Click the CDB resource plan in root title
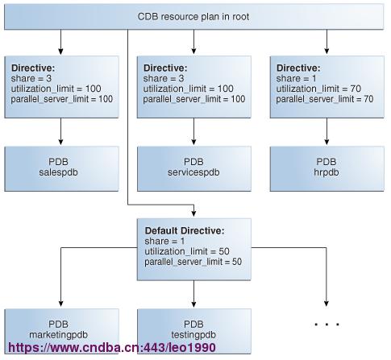pos(193,17)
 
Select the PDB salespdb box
pos(61,168)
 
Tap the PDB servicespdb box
pos(194,168)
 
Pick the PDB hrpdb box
pos(327,168)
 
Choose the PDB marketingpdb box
pos(61,331)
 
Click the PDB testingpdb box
pos(194,331)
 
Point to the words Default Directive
pos(185,230)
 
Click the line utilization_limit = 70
pos(318,89)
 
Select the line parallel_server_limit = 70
pos(325,99)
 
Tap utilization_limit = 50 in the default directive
pos(187,251)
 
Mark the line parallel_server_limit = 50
pos(193,262)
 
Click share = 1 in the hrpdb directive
pos(296,78)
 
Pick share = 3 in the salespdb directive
pos(31,78)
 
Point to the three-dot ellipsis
pos(327,325)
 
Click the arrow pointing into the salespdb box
pos(60,131)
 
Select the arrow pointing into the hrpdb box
pos(327,131)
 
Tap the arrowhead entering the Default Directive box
pos(193,213)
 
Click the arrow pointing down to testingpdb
pos(193,294)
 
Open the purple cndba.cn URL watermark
pos(112,348)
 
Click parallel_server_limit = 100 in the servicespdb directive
pos(194,99)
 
